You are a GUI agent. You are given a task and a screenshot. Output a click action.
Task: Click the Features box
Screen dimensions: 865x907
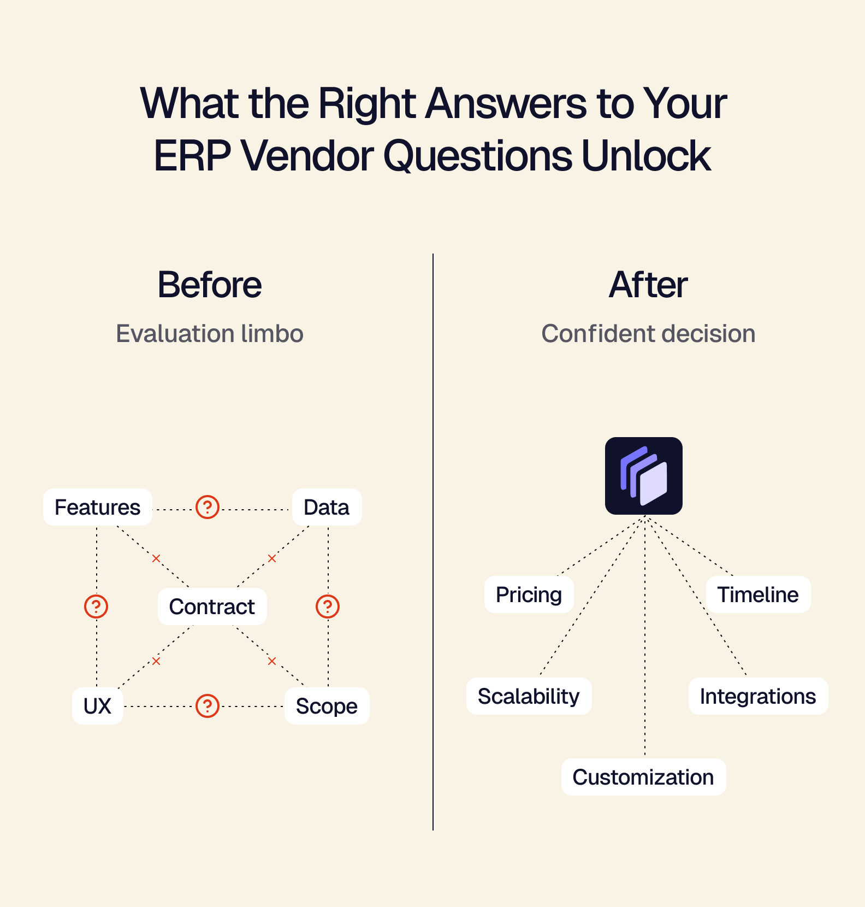click(98, 507)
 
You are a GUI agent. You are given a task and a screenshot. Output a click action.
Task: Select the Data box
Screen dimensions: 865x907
click(327, 507)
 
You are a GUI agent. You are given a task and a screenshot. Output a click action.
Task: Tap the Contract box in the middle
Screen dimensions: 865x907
click(212, 606)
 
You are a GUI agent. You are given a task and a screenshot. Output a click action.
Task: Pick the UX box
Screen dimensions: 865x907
click(97, 706)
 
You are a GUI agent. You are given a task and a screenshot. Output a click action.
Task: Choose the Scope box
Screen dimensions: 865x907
click(327, 706)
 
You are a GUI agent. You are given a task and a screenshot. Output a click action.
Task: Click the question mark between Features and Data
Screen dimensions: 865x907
click(208, 507)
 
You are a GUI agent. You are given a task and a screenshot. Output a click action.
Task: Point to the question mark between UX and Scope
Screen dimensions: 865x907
click(208, 706)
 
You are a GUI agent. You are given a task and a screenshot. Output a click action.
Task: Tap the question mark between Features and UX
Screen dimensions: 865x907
click(96, 606)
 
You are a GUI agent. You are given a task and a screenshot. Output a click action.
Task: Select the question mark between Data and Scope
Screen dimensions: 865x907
click(328, 606)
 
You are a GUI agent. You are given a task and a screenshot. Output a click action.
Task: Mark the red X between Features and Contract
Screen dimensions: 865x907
click(156, 558)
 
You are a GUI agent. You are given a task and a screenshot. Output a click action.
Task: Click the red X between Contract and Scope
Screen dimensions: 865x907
click(272, 661)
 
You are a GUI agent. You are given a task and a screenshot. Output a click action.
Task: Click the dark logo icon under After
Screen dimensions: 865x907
click(644, 476)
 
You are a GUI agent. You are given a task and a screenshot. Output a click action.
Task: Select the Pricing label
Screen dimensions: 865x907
click(529, 594)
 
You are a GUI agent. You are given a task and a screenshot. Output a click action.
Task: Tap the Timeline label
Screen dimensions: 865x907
click(758, 594)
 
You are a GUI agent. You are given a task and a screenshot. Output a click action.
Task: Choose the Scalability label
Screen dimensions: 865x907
click(529, 696)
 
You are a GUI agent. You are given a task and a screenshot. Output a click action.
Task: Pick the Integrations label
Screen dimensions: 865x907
click(758, 696)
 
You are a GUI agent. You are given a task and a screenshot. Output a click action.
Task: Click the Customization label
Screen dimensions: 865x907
click(643, 777)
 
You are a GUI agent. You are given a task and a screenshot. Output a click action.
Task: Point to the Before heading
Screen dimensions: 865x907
click(210, 285)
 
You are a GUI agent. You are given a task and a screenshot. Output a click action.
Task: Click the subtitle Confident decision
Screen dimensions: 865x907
click(648, 333)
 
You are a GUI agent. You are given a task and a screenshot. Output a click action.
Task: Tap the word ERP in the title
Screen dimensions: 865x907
click(193, 156)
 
